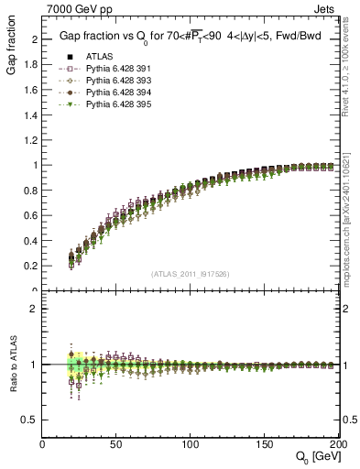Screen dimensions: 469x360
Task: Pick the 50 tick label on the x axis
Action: click(116, 444)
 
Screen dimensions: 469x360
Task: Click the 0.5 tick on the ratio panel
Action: click(31, 420)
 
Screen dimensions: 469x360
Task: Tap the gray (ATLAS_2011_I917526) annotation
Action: click(190, 274)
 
